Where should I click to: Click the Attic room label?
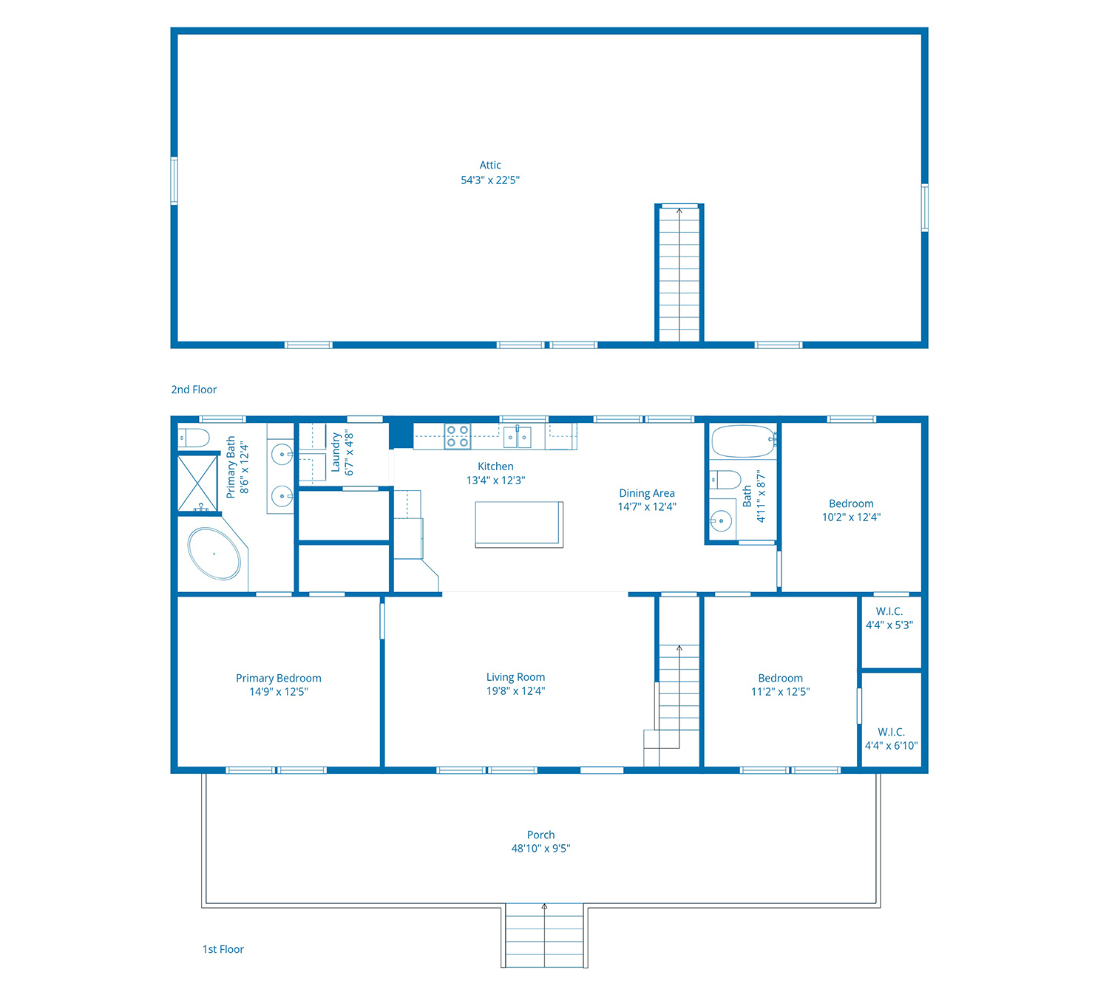point(490,165)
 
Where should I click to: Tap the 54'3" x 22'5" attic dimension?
point(490,180)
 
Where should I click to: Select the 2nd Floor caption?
point(194,390)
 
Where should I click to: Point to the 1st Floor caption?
point(223,948)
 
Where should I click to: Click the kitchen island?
point(518,524)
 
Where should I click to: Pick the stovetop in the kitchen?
point(458,436)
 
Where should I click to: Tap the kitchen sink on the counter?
point(517,437)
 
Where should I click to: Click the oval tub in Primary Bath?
point(214,554)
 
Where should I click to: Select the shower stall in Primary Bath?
point(197,483)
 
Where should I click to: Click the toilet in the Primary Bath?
point(194,438)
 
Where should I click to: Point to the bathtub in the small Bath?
point(744,441)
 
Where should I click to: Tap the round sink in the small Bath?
point(721,520)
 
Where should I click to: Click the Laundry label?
point(336,452)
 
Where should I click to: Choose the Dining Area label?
point(646,492)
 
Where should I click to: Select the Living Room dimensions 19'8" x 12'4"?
point(515,690)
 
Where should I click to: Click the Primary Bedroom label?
point(278,678)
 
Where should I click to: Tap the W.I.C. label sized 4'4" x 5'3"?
point(889,618)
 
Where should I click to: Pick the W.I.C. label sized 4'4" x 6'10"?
point(891,739)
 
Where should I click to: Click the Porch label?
point(540,835)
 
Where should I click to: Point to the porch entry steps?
point(544,935)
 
